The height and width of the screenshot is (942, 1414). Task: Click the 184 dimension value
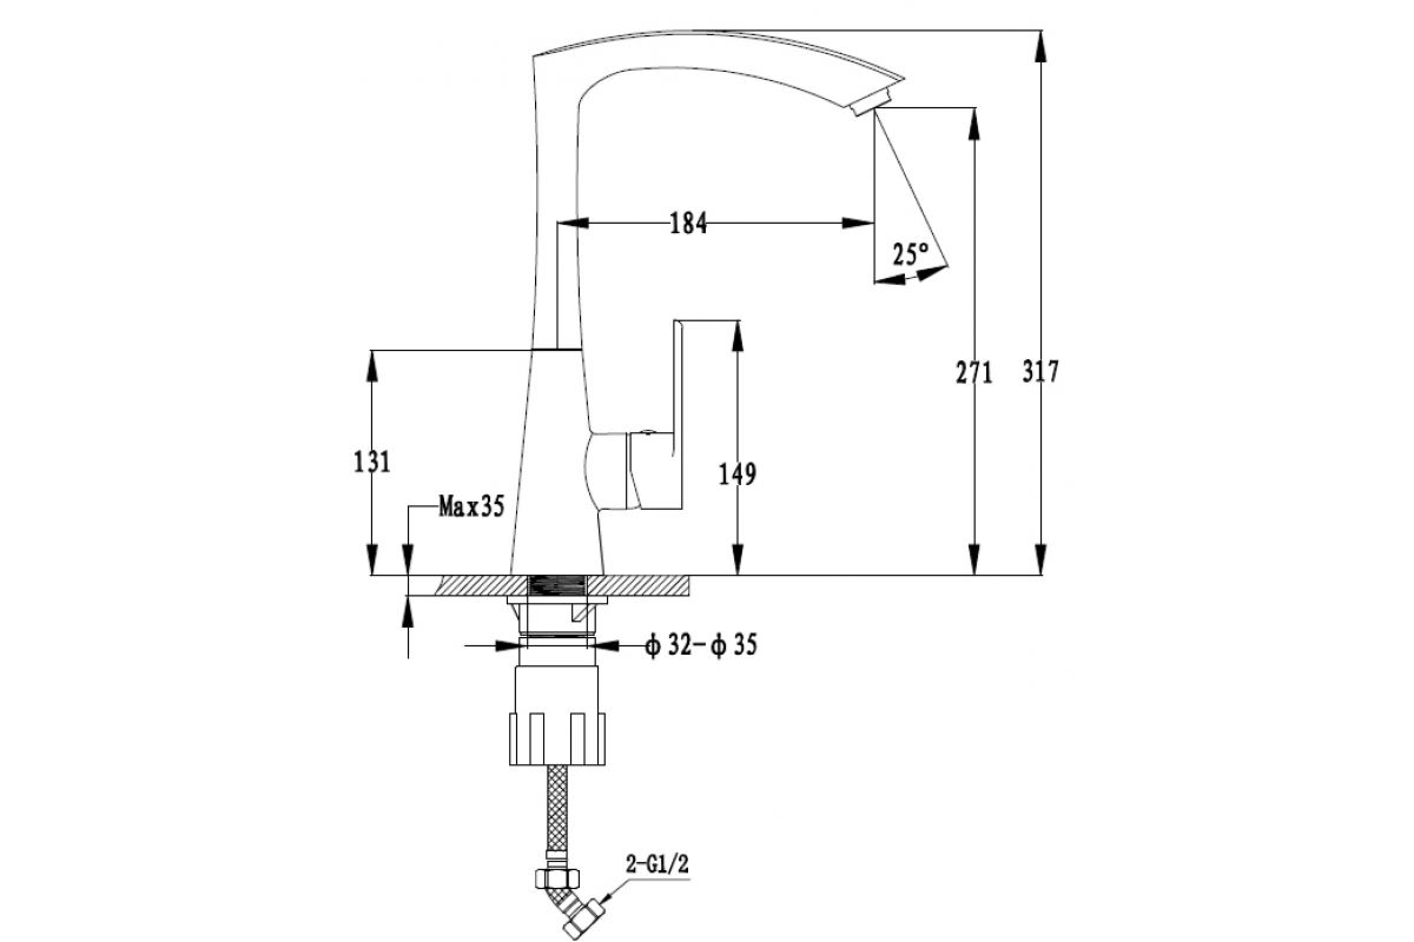[688, 224]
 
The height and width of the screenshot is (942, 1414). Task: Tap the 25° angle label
[910, 254]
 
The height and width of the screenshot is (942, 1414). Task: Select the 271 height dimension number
[974, 374]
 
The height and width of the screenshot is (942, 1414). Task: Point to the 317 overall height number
[1040, 372]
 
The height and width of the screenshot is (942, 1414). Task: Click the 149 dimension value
[738, 475]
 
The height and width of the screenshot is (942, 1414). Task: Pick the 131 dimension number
[372, 462]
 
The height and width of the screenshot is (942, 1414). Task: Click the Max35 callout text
[471, 506]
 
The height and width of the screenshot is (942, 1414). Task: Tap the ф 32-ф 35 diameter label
[701, 646]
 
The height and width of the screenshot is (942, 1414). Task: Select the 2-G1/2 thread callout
[657, 864]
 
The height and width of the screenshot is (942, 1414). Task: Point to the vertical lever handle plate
[679, 414]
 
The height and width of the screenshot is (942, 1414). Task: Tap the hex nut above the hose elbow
[557, 878]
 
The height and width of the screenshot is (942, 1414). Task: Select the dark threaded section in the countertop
[557, 586]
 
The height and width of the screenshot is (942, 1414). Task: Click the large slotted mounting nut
[557, 738]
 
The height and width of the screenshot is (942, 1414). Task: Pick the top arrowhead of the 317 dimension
[1040, 47]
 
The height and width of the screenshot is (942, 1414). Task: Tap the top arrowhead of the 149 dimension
[738, 336]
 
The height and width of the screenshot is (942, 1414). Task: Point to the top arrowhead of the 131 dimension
[372, 365]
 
